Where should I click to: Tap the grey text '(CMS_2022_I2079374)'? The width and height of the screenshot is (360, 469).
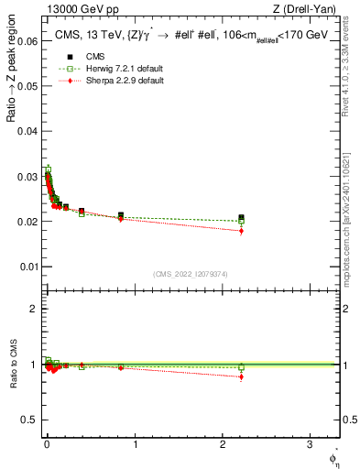pos(191,272)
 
